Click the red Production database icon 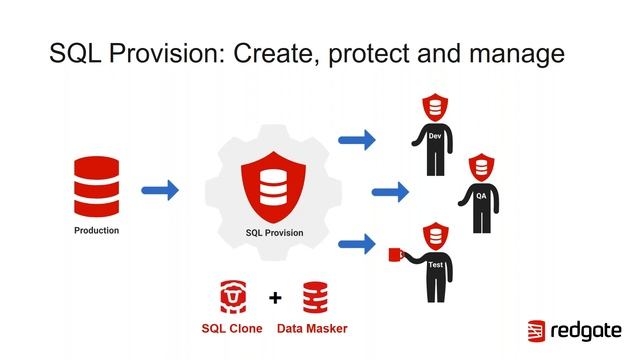[x=96, y=186]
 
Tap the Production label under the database [x=96, y=231]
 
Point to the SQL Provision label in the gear [x=274, y=233]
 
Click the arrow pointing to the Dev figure [x=357, y=140]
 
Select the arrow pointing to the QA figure [x=390, y=191]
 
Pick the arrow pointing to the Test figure [x=357, y=242]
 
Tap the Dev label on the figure [x=434, y=136]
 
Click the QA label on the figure [x=481, y=195]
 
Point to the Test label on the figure [x=435, y=265]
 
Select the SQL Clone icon [x=234, y=296]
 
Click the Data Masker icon [x=315, y=296]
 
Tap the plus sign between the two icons [x=275, y=297]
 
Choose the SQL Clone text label [x=232, y=327]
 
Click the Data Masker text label [x=312, y=327]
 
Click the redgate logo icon [x=536, y=331]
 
